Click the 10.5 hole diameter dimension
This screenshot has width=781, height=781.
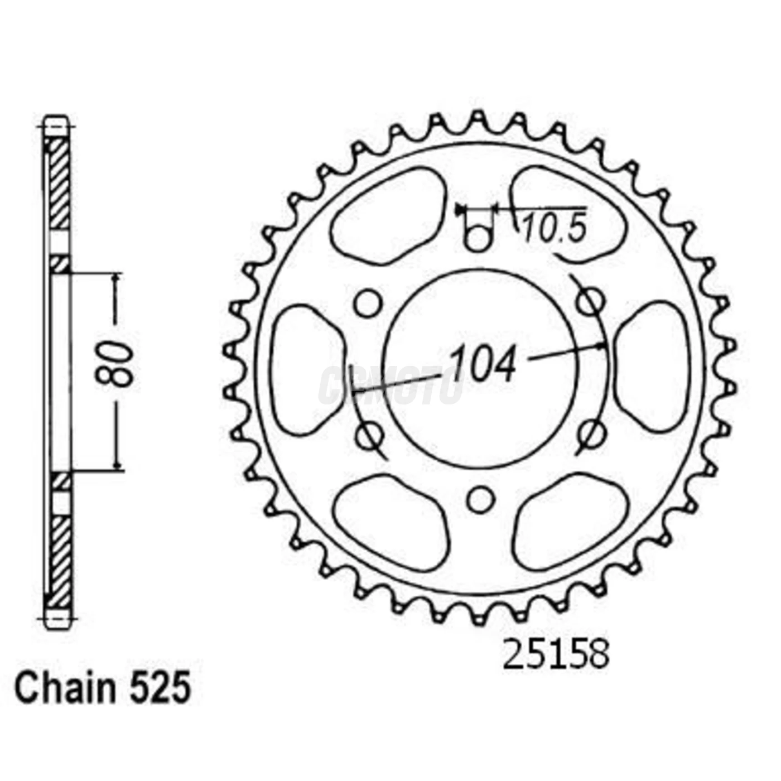(x=555, y=228)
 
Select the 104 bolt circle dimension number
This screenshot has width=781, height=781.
(x=483, y=365)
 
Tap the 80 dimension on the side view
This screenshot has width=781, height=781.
(x=115, y=365)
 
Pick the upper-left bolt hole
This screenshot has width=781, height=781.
(x=368, y=303)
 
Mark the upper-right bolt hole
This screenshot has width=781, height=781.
(x=590, y=302)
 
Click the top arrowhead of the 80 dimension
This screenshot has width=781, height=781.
(x=117, y=279)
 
